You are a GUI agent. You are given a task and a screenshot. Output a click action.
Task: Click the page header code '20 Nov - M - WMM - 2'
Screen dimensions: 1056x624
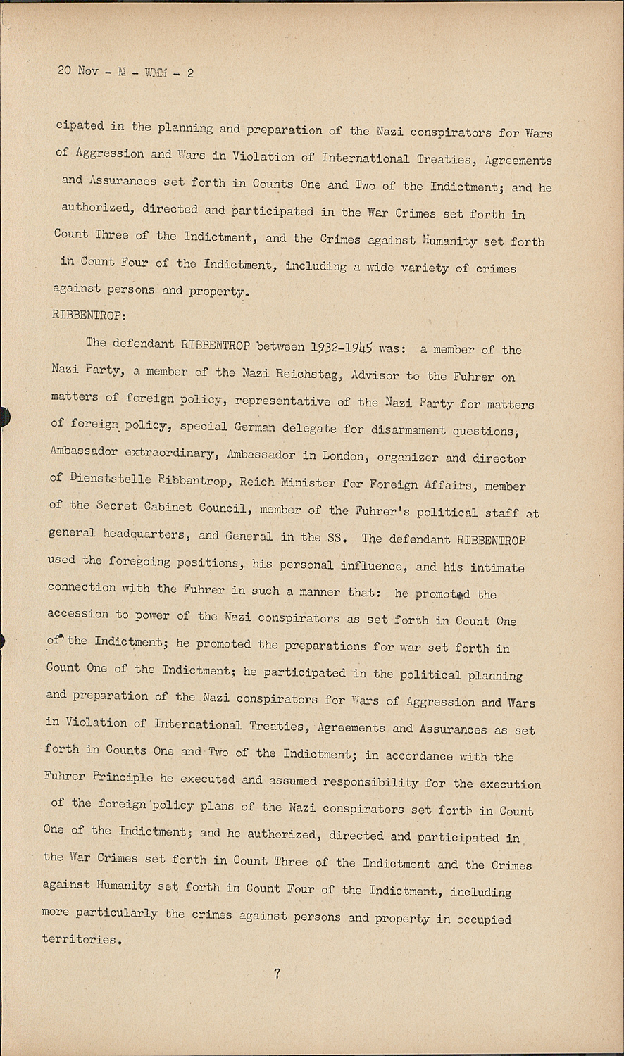125,73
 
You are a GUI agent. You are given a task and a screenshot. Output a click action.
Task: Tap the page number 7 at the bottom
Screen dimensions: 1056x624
277,974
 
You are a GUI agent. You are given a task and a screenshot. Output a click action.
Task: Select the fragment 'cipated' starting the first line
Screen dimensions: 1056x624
80,126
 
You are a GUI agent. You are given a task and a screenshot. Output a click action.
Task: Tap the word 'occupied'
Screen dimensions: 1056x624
482,919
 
